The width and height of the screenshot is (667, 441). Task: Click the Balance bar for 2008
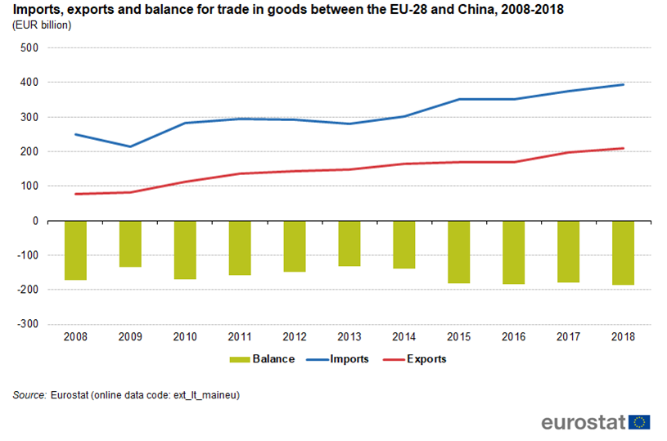pos(75,250)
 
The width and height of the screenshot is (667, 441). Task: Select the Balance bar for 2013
pos(349,243)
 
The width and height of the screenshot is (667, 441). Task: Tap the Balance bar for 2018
pos(623,253)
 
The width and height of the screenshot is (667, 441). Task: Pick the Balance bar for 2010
pos(185,250)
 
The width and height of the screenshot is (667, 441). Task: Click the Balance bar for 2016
pos(514,252)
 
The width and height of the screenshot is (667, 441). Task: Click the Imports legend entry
pos(339,359)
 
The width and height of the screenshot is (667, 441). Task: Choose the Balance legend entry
pos(262,359)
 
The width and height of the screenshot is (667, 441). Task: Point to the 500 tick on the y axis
pos(29,48)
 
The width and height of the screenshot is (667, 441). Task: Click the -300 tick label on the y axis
pos(28,325)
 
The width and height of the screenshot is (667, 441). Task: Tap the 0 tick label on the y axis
pos(36,221)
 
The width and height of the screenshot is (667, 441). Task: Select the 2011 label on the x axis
pos(240,336)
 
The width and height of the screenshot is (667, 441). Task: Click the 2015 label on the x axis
pos(459,336)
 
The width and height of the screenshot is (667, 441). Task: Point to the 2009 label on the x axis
pos(130,336)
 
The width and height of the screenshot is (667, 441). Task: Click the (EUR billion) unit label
pos(42,25)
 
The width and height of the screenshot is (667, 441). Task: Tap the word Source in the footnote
pos(29,395)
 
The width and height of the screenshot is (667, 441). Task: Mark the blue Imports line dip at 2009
pos(130,147)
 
